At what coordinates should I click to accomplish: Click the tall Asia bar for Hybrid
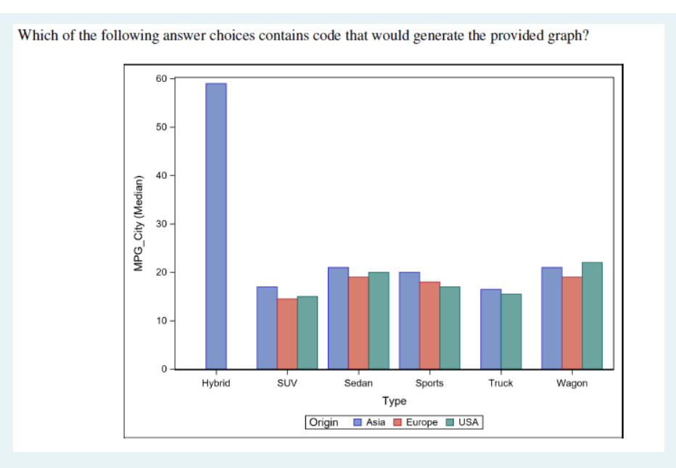[x=216, y=226]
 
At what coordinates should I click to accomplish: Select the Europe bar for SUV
[x=287, y=334]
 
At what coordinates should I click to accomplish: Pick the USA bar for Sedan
[x=379, y=321]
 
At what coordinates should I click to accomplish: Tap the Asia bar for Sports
[x=409, y=321]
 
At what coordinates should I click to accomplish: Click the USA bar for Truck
[x=511, y=332]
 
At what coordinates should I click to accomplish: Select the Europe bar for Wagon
[x=572, y=323]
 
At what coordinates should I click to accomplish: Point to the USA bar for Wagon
[x=592, y=316]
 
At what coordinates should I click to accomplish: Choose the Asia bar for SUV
[x=267, y=328]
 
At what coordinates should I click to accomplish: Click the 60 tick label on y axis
[x=160, y=78]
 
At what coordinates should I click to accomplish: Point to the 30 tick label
[x=160, y=224]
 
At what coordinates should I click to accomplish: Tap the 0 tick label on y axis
[x=163, y=369]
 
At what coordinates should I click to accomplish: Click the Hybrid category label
[x=216, y=383]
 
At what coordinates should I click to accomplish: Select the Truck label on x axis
[x=500, y=383]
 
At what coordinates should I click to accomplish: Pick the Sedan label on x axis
[x=358, y=383]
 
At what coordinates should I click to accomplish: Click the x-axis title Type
[x=395, y=401]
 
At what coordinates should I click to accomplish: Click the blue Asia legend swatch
[x=358, y=422]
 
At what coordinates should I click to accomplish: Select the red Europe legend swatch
[x=397, y=422]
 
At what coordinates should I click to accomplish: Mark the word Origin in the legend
[x=323, y=422]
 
